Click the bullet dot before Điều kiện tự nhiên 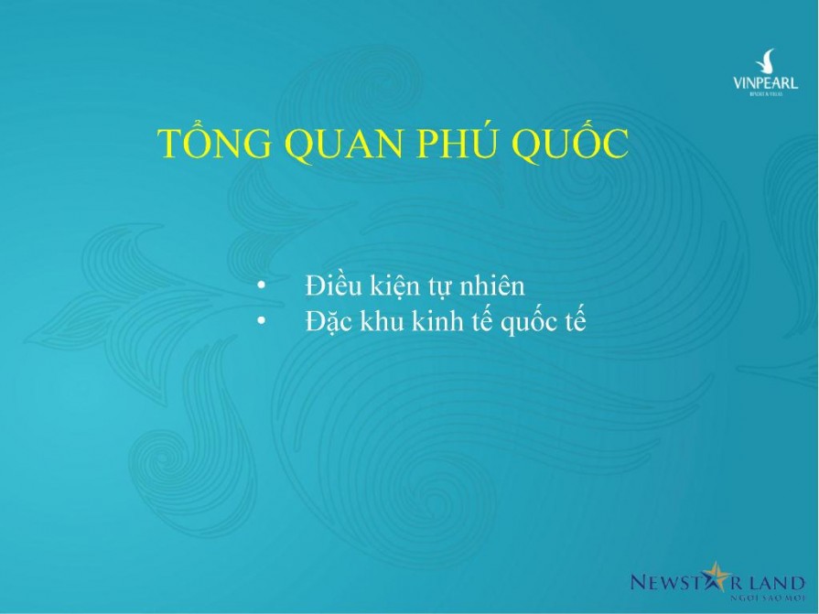(x=262, y=286)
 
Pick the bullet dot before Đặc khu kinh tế (x=262, y=322)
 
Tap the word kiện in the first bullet (x=391, y=286)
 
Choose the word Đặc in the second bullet (x=328, y=322)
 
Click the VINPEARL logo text (x=765, y=84)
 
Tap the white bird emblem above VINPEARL (x=765, y=61)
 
